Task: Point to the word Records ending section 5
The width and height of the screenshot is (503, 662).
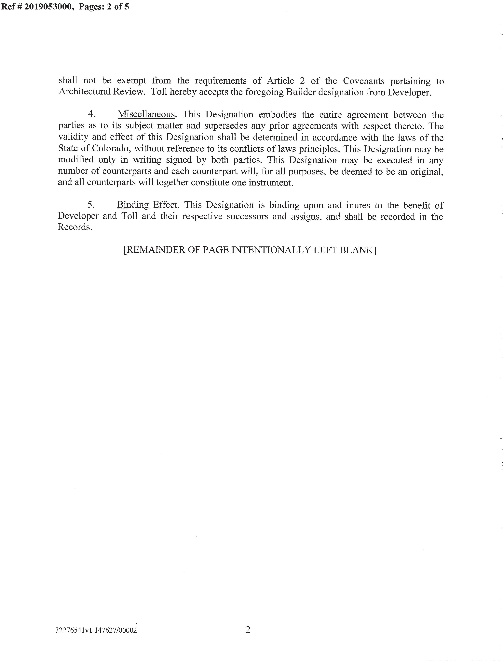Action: [x=75, y=227]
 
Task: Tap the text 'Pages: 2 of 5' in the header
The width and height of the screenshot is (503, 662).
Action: [x=104, y=7]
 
